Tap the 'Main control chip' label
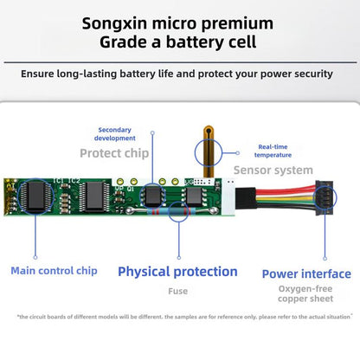tap(54, 271)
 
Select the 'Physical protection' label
tap(177, 272)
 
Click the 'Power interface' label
tap(306, 274)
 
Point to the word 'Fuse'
tap(177, 292)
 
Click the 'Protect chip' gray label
tap(114, 153)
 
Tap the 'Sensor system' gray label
tap(273, 170)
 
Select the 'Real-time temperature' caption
tap(273, 151)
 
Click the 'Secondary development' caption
tap(115, 134)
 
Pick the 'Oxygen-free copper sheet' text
tap(305, 293)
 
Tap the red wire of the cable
tap(285, 190)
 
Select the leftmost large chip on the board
tap(35, 196)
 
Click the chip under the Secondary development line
tap(152, 196)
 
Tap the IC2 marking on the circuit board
tap(74, 181)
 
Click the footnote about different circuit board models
tap(184, 317)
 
